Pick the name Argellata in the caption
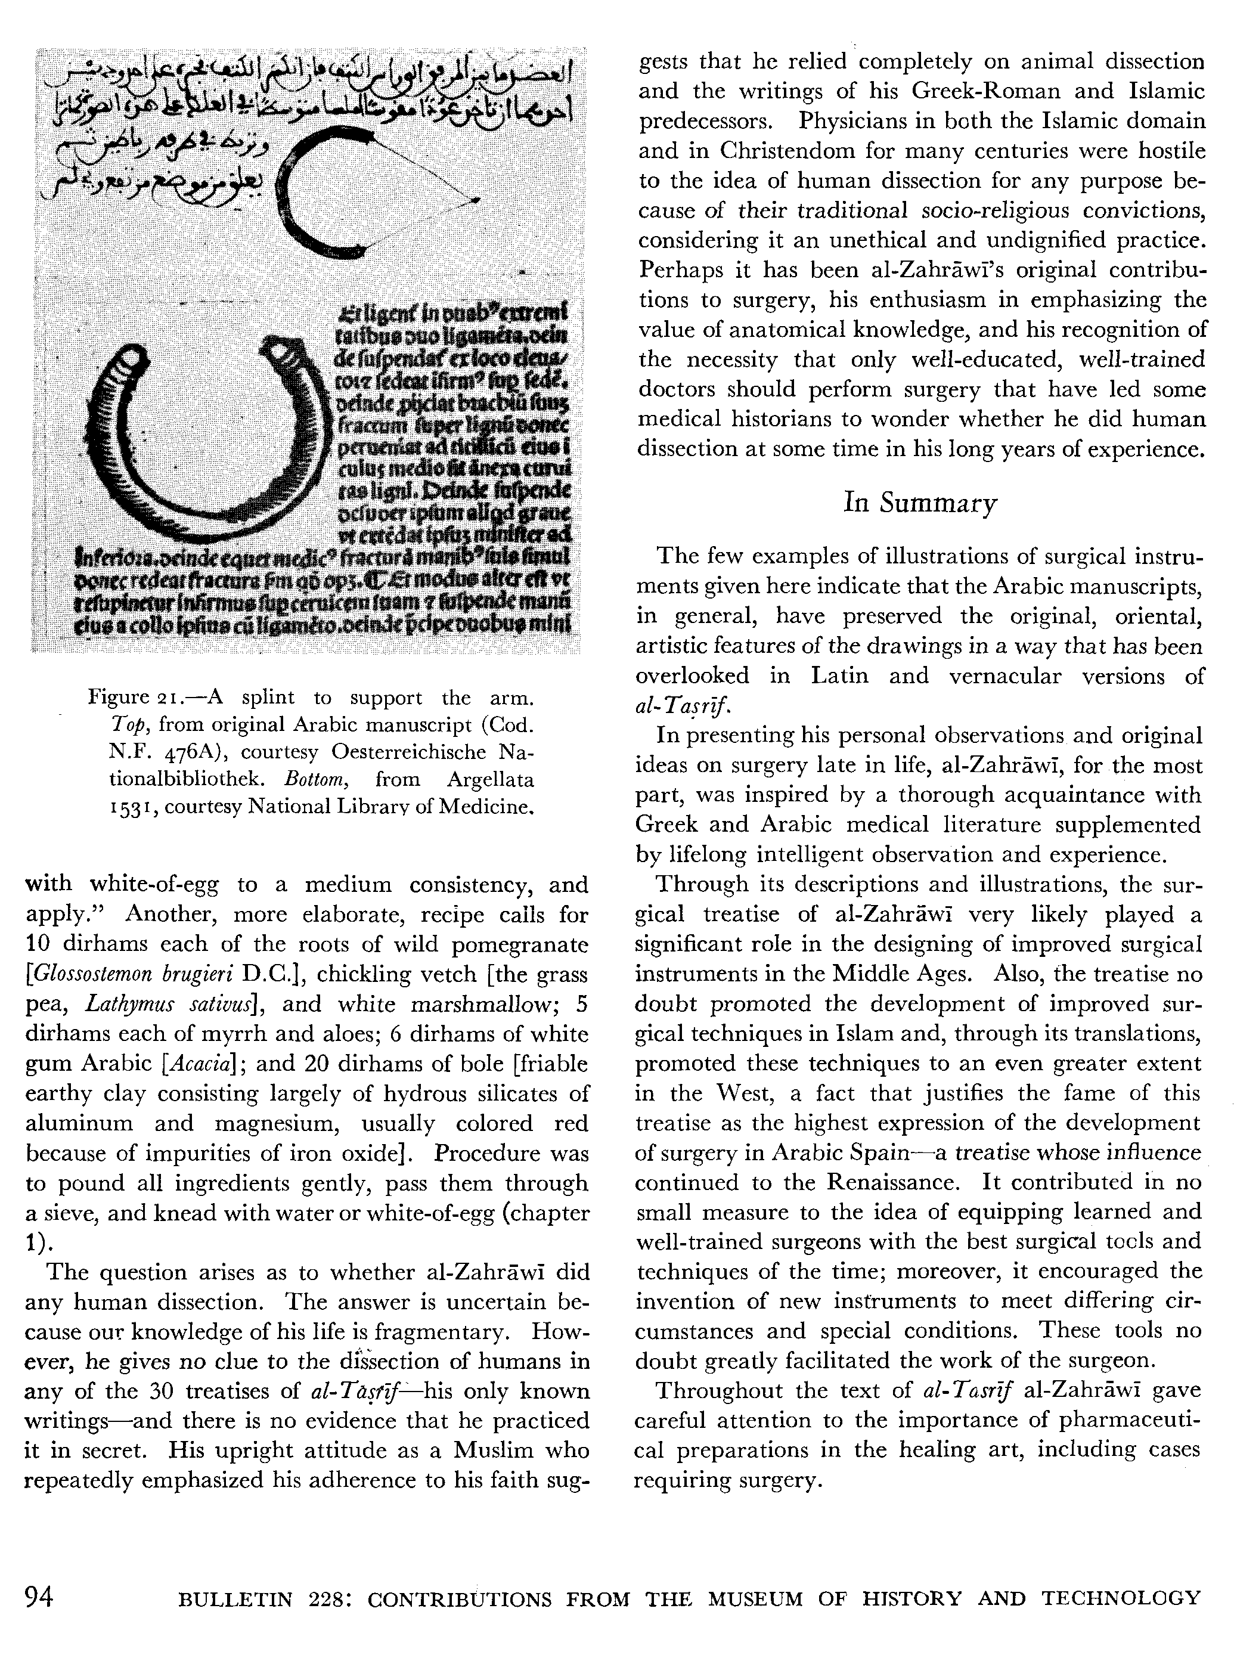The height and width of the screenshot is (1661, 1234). pos(490,780)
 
